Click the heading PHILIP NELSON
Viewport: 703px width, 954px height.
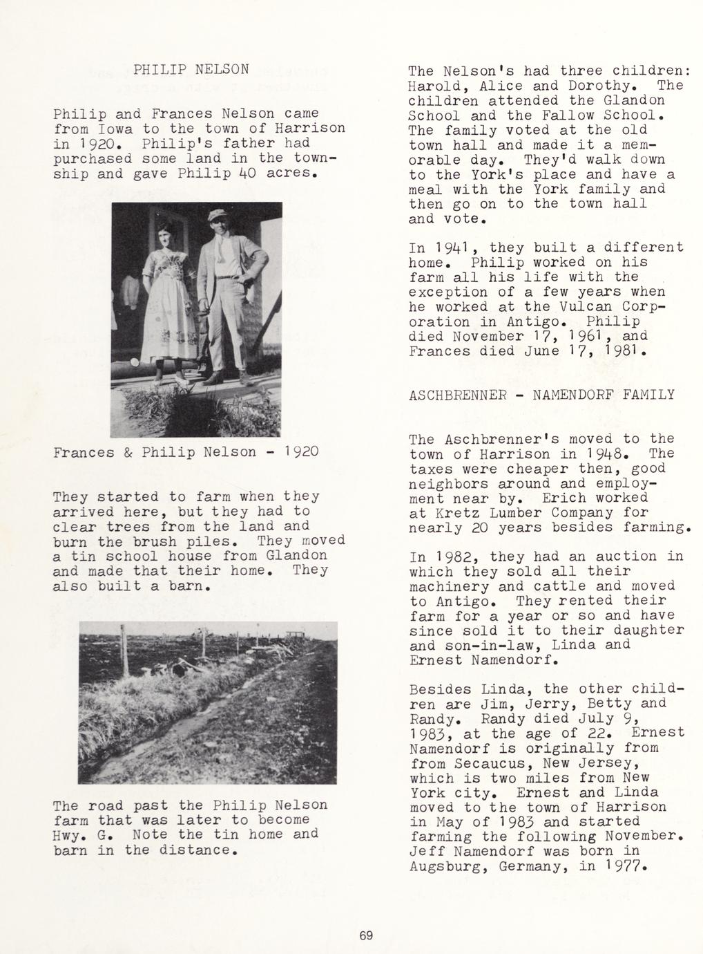click(x=191, y=70)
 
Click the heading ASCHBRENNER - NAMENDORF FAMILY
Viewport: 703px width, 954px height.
click(x=541, y=395)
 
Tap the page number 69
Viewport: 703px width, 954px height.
click(x=366, y=936)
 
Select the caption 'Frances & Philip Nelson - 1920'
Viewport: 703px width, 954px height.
click(x=186, y=452)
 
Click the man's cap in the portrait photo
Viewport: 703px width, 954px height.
click(x=220, y=216)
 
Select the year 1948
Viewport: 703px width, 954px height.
click(x=611, y=454)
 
